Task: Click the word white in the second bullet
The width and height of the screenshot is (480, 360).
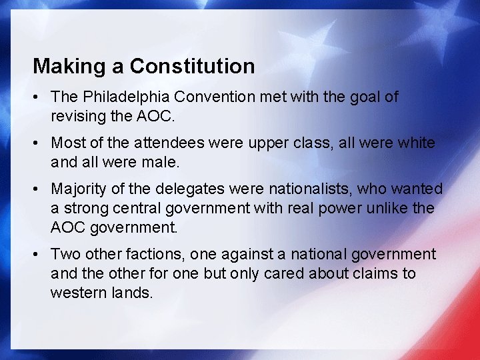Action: pyautogui.click(x=417, y=143)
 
